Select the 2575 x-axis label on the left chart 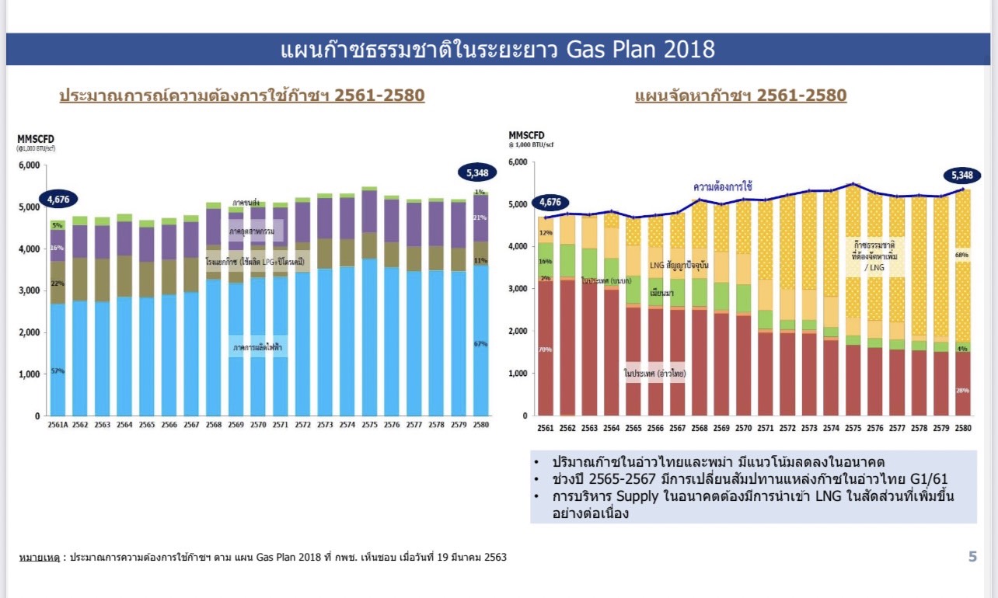369,426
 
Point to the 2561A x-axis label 58,426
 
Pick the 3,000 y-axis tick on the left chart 29,290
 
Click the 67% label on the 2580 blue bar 480,343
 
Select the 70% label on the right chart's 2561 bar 545,349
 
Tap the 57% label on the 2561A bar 58,371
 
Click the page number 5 972,556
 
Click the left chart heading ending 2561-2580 242,96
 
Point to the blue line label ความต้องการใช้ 723,187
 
